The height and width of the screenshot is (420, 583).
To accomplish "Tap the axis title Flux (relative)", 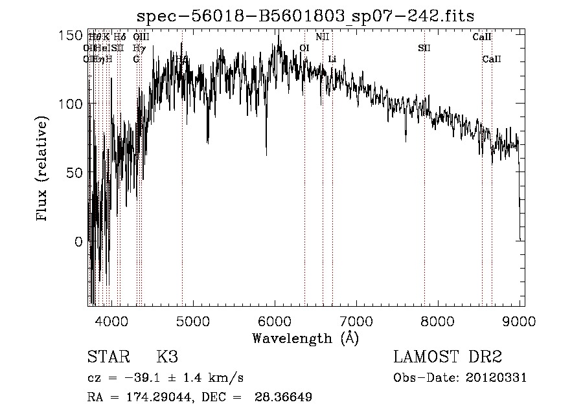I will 43,170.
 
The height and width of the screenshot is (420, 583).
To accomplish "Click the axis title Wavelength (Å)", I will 305,338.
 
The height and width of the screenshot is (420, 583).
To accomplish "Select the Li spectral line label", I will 332,60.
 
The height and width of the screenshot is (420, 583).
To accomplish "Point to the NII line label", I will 323,37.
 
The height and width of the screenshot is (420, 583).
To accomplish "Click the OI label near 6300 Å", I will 304,48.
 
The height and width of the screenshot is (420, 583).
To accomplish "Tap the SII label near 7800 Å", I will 424,48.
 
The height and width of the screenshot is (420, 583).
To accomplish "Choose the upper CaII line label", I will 482,37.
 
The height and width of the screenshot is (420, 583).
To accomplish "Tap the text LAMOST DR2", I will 448,357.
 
